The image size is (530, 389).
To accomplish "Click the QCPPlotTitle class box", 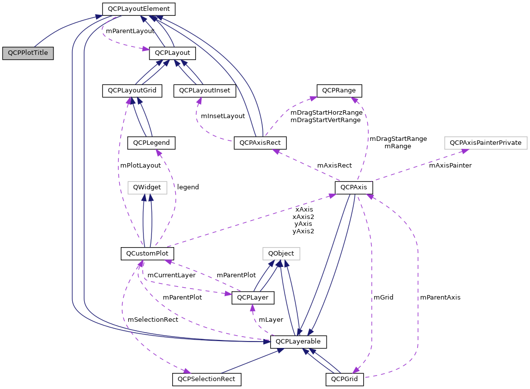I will (x=28, y=53).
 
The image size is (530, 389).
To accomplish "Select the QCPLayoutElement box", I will (x=139, y=9).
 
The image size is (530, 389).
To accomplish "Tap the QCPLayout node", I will (x=173, y=52).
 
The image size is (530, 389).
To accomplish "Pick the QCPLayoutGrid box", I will (x=132, y=90).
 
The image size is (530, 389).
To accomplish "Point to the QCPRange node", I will (x=339, y=90).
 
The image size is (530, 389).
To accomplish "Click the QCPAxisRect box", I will (x=260, y=143).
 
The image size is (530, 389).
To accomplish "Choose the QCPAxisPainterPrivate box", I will (x=486, y=143).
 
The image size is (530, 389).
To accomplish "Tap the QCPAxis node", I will (x=354, y=188).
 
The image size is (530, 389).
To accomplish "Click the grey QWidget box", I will (x=147, y=187).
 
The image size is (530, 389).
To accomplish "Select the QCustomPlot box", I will (x=147, y=254).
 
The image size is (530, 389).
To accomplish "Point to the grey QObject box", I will (x=281, y=254).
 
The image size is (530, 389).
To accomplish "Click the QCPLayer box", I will (x=253, y=298).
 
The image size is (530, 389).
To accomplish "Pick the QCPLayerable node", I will (x=298, y=342).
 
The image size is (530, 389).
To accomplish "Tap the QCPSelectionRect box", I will (x=206, y=380).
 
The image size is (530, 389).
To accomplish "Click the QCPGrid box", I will (x=345, y=380).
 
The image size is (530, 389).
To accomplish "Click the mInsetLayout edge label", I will (x=223, y=116).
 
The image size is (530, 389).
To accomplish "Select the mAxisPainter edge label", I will (x=450, y=166).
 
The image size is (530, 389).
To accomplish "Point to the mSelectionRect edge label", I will (x=153, y=320).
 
